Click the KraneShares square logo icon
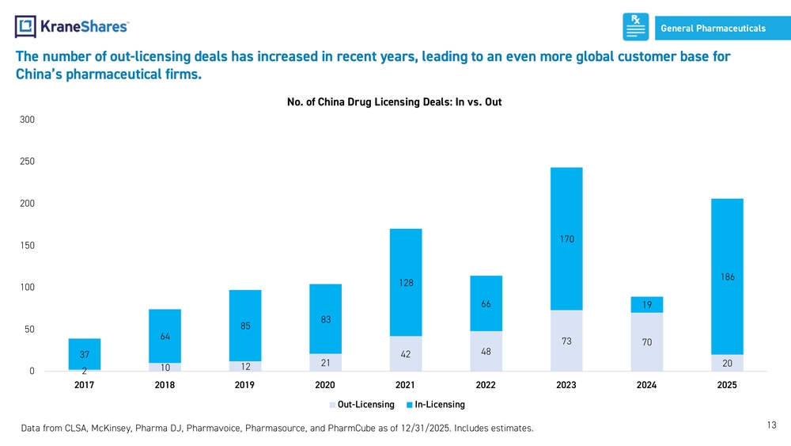click(x=25, y=27)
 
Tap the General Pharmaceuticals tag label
click(x=713, y=29)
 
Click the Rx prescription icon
click(x=636, y=27)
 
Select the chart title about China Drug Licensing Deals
click(x=394, y=102)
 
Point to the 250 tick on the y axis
click(x=27, y=161)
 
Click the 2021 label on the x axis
click(x=405, y=385)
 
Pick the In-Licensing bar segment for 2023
click(x=566, y=239)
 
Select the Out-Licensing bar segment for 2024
click(x=647, y=342)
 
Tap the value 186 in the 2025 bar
click(x=728, y=276)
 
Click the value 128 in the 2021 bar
click(x=406, y=283)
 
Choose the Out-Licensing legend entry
click(x=361, y=405)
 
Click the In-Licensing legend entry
click(x=436, y=405)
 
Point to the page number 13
click(x=771, y=425)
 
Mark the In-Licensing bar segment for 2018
click(x=165, y=336)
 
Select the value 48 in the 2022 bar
click(x=486, y=352)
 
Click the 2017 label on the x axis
click(x=85, y=385)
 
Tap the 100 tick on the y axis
click(x=27, y=287)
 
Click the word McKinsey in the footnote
click(x=111, y=429)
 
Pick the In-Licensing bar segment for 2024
click(x=647, y=304)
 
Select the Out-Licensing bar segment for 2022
click(x=486, y=351)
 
